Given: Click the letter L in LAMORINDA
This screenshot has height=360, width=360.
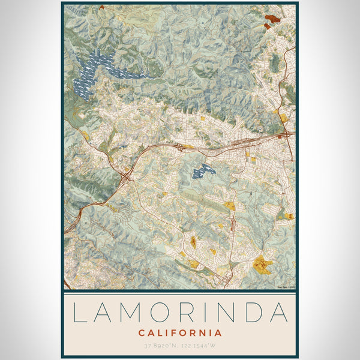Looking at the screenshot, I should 79,313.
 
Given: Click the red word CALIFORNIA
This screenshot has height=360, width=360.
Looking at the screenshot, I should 180,332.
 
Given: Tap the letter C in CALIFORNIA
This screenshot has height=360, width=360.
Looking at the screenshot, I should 142,332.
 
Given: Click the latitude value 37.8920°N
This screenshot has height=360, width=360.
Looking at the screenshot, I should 158,346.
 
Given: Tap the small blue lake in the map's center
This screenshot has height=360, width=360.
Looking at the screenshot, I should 203,172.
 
